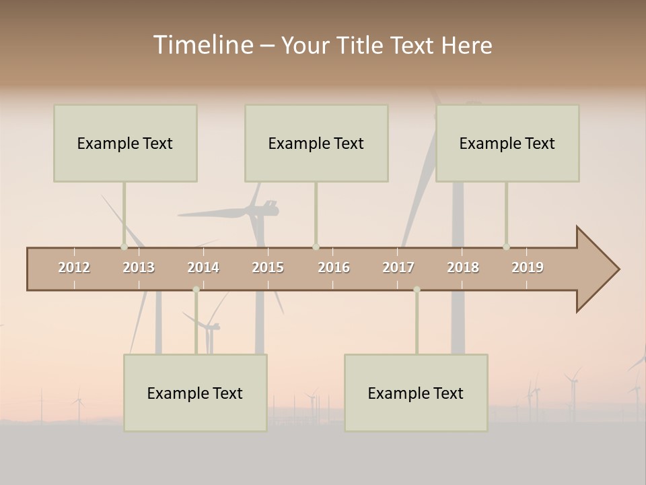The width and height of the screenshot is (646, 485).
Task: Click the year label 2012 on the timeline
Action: (x=74, y=267)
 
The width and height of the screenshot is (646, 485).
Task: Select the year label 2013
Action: (x=139, y=267)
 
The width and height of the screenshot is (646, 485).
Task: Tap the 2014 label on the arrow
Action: (x=203, y=267)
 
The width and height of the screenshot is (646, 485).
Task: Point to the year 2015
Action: (x=268, y=267)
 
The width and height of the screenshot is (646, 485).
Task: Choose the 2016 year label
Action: (x=334, y=267)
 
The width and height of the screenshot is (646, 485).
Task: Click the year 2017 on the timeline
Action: (x=398, y=267)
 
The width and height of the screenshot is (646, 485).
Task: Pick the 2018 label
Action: (x=463, y=267)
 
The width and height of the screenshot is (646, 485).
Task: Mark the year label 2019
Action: (x=528, y=267)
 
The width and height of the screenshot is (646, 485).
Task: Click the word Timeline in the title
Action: (x=203, y=45)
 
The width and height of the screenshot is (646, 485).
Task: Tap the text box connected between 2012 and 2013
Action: (x=125, y=143)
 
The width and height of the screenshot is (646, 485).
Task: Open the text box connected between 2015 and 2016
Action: (x=316, y=143)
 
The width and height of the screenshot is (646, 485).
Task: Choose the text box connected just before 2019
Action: (x=507, y=143)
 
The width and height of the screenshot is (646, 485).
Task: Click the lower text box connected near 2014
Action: (x=195, y=393)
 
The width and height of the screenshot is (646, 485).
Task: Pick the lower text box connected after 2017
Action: (x=416, y=393)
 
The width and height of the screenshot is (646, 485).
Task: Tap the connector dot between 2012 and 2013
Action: (x=124, y=247)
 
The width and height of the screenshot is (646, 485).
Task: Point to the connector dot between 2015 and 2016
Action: (x=316, y=247)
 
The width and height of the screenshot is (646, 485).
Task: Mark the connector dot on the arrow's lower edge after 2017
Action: (x=417, y=290)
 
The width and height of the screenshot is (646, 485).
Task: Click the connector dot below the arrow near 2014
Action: (x=196, y=290)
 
